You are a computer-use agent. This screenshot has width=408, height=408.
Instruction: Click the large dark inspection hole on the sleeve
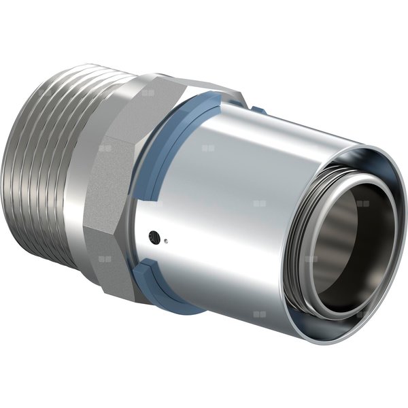157,237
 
